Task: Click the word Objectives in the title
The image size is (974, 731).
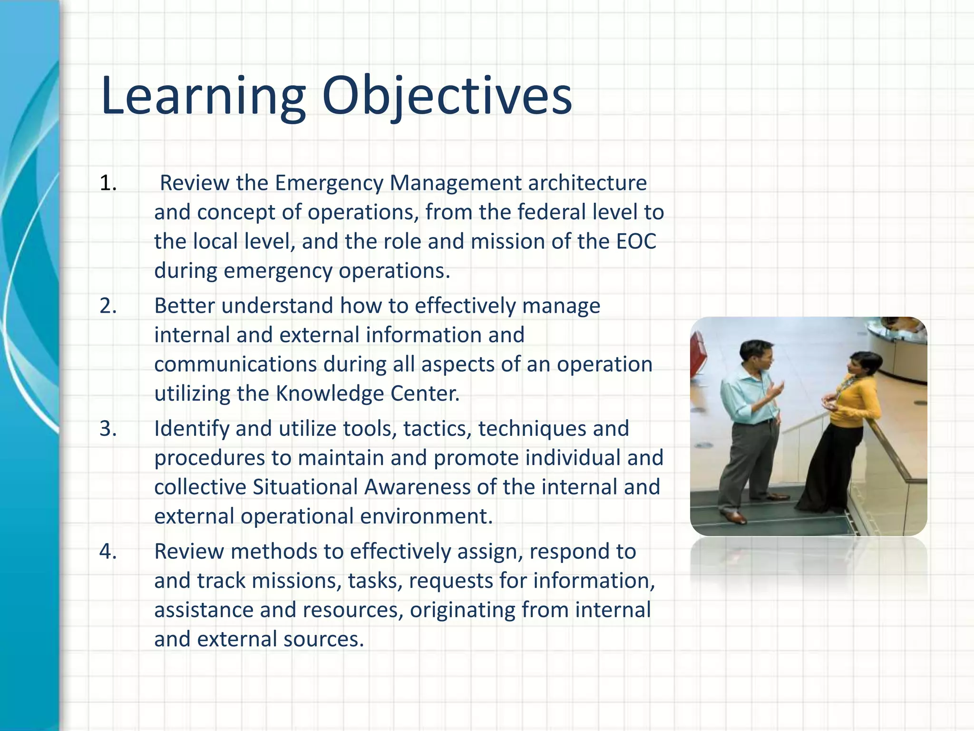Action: (447, 97)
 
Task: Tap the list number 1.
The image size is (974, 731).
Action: (108, 183)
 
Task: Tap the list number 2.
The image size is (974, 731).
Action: (108, 306)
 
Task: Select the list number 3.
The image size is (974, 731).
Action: (108, 428)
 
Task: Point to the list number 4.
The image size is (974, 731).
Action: (108, 551)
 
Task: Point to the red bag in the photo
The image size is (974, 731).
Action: (698, 352)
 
